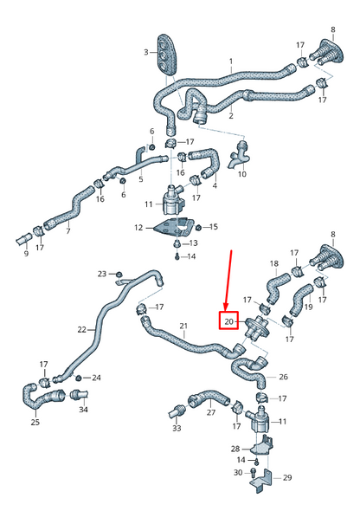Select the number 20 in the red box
coord(228,321)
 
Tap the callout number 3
coord(146,52)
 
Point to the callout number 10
coord(241,174)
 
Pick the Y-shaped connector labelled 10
coord(240,154)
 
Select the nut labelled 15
coord(197,227)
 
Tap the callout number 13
coord(193,243)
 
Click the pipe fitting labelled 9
coord(23,241)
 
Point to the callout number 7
coord(68,231)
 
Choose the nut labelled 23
coord(119,274)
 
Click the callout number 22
coord(81,329)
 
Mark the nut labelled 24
coord(79,378)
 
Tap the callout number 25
coord(35,422)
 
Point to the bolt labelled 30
coord(254,471)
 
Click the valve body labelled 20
coord(257,327)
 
